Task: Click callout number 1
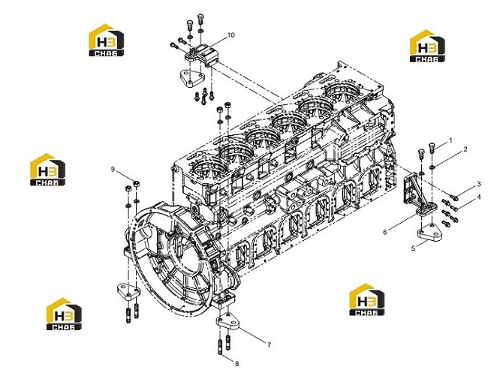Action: [450, 140]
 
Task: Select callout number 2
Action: [465, 149]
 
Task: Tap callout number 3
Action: [479, 185]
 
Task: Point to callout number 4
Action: [479, 197]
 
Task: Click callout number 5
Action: [414, 248]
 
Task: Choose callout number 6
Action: [384, 232]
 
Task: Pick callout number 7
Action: [269, 344]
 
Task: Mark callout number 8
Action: [236, 363]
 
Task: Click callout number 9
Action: [113, 169]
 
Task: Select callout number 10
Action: [231, 35]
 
